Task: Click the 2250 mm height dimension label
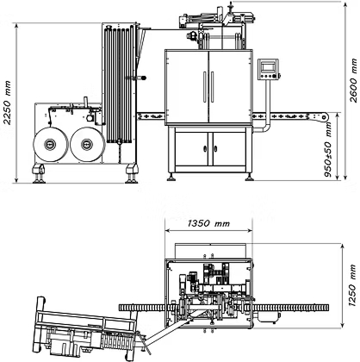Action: [8, 103]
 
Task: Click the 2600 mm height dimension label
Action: [354, 80]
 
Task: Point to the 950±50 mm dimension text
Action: [328, 150]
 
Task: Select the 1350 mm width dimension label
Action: [208, 223]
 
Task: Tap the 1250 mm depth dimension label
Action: [353, 285]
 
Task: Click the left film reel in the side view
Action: [51, 144]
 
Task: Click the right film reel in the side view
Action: [88, 144]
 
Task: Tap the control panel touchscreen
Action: [269, 67]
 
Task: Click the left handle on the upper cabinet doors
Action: [205, 86]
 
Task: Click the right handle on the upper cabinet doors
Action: [212, 86]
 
